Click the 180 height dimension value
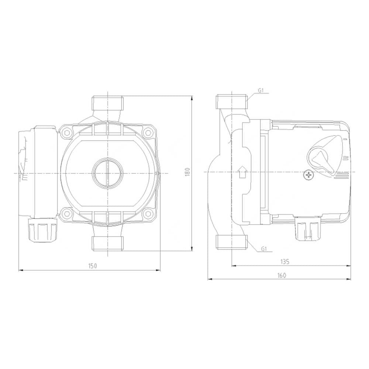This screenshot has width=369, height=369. click(187, 173)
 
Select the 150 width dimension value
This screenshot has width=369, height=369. click(93, 266)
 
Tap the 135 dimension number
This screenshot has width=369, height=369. click(285, 262)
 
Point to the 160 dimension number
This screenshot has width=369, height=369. click(282, 275)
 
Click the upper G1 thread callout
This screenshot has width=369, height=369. click(261, 90)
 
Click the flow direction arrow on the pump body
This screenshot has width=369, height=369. click(242, 172)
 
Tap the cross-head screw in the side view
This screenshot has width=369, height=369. click(308, 175)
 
